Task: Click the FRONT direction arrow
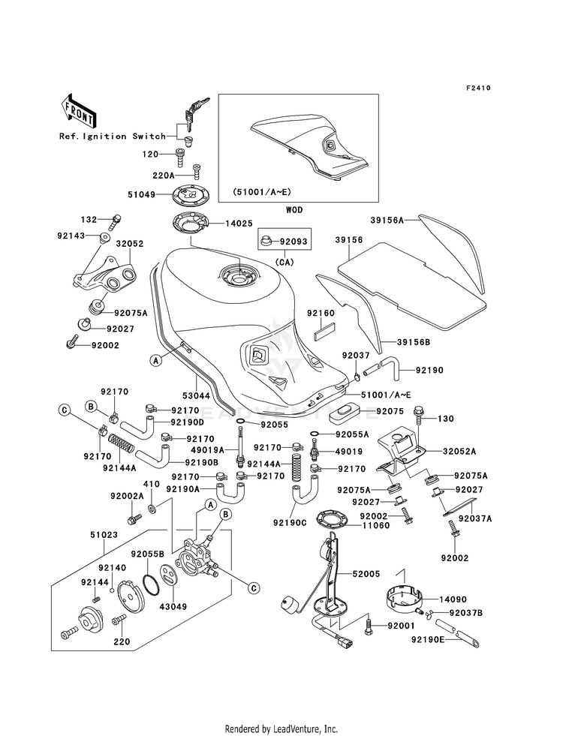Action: click(78, 110)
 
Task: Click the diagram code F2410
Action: click(478, 88)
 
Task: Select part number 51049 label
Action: click(141, 194)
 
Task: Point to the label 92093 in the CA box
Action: click(294, 242)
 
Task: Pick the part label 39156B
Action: click(413, 342)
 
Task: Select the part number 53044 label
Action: click(196, 395)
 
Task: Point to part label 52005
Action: click(366, 574)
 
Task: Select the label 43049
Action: click(173, 606)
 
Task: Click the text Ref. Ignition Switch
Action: click(112, 136)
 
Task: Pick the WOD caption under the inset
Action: click(294, 210)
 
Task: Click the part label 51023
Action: click(104, 535)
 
